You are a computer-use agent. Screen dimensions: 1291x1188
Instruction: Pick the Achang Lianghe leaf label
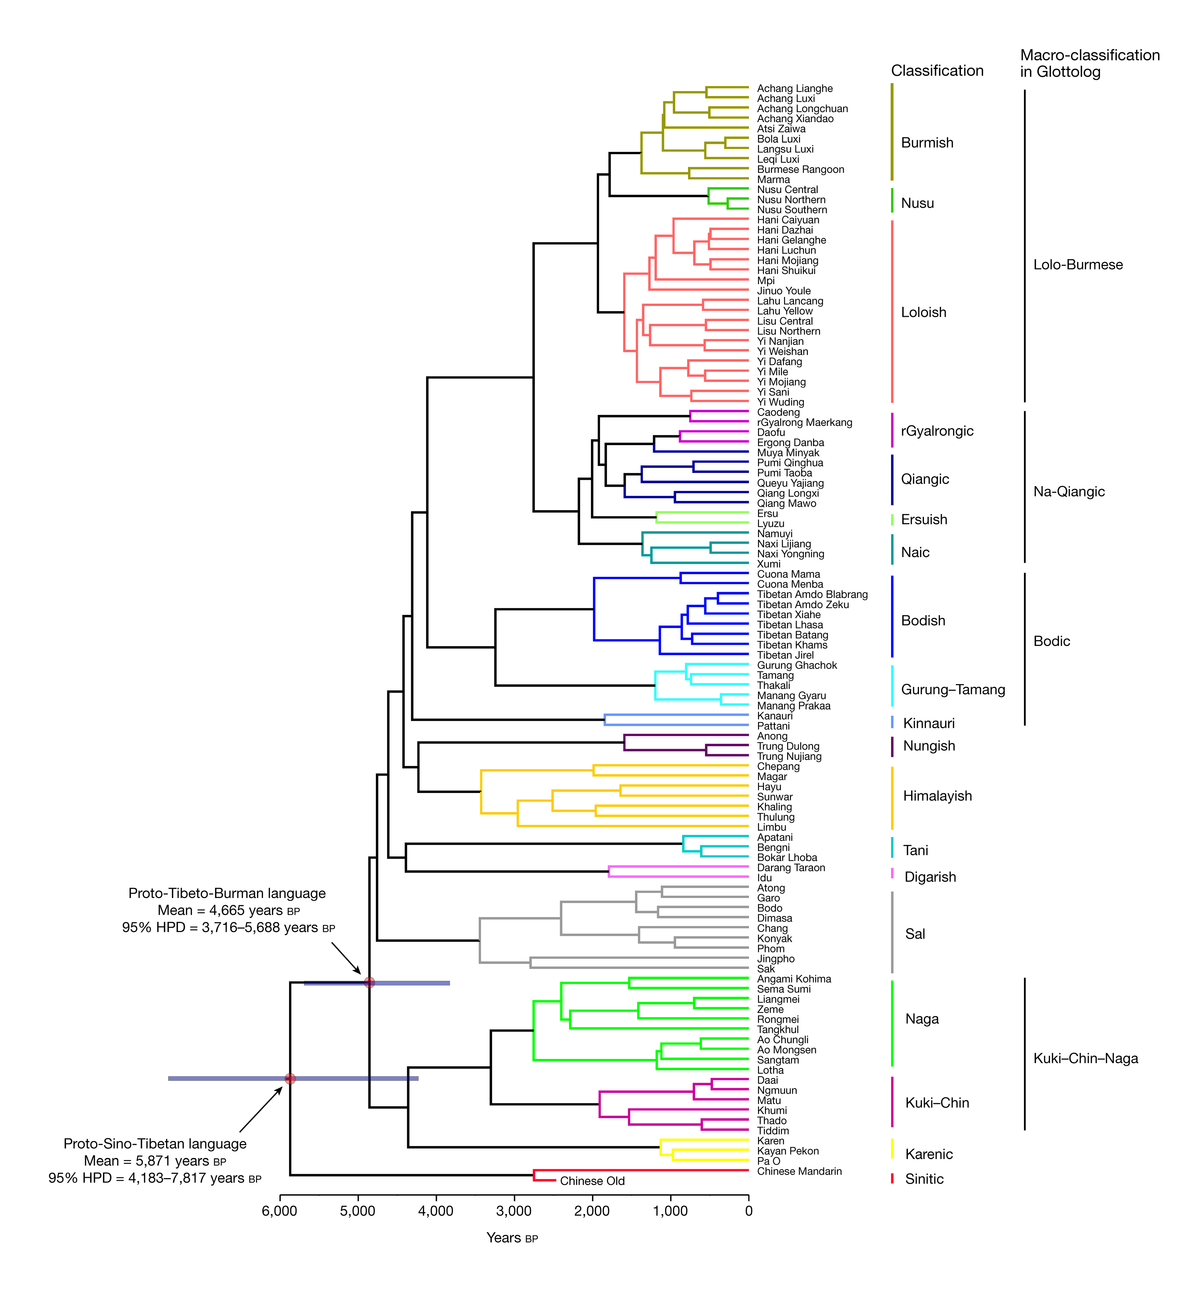pyautogui.click(x=795, y=89)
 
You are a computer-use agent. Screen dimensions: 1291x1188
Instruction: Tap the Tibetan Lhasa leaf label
pyautogui.click(x=789, y=625)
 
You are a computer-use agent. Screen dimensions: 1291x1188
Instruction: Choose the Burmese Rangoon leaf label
pyautogui.click(x=800, y=170)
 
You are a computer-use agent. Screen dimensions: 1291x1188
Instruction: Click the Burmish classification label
pyautogui.click(x=927, y=143)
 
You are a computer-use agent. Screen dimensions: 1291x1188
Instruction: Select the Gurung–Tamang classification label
pyautogui.click(x=953, y=690)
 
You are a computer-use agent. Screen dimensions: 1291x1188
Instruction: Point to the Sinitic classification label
pyautogui.click(x=924, y=1179)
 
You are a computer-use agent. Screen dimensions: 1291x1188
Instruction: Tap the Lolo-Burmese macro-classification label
pyautogui.click(x=1077, y=265)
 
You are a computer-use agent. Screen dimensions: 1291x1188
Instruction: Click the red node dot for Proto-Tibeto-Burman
pyautogui.click(x=369, y=982)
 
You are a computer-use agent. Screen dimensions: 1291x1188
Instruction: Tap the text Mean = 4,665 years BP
pyautogui.click(x=228, y=910)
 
